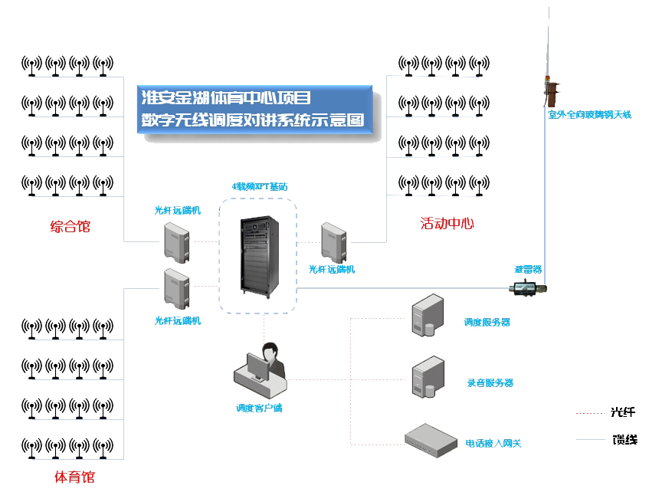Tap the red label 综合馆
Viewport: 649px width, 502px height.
pyautogui.click(x=70, y=226)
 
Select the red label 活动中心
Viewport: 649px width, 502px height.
pyautogui.click(x=447, y=223)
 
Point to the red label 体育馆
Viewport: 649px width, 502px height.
pyautogui.click(x=74, y=477)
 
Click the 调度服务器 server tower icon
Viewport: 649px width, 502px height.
pyautogui.click(x=428, y=316)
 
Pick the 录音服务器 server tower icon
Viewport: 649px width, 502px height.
pyautogui.click(x=428, y=376)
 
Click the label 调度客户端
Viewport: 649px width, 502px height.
pyautogui.click(x=259, y=408)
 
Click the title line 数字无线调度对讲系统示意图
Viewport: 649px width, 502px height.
pyautogui.click(x=252, y=120)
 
